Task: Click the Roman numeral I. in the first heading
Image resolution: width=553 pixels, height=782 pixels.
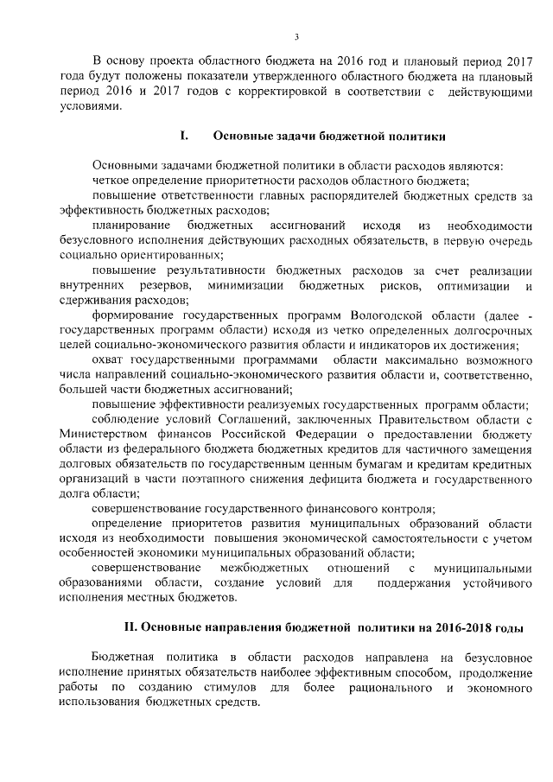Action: tap(183, 135)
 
